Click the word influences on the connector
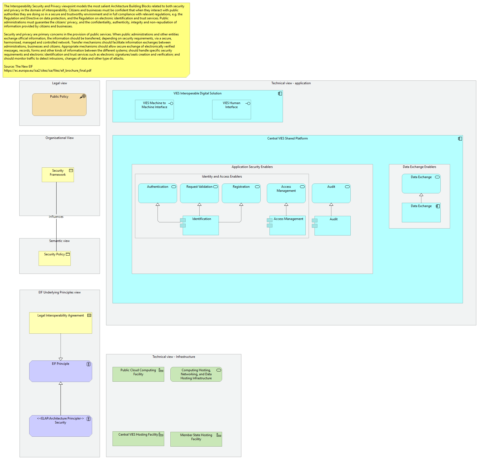[56, 217]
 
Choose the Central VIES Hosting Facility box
[138, 439]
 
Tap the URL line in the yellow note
[48, 71]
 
